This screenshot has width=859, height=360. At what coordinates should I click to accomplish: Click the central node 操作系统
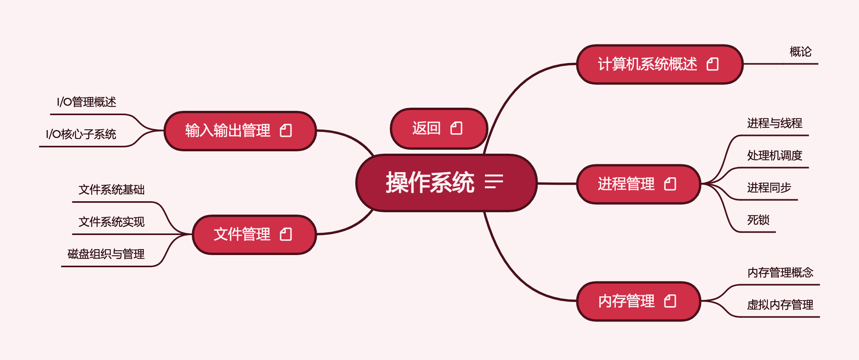point(430,183)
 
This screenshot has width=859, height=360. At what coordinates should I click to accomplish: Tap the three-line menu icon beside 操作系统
point(494,182)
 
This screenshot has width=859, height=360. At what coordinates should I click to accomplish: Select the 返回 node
point(426,129)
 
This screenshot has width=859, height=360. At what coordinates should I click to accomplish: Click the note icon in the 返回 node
point(456,128)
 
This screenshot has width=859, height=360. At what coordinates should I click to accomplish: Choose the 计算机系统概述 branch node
point(648,64)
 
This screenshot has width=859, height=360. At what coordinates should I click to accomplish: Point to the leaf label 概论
point(800,52)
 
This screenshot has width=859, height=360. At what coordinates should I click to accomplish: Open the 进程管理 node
point(626,184)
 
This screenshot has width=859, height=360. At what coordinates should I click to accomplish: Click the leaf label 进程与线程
point(775,123)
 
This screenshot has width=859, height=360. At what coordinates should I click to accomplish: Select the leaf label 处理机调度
point(775,156)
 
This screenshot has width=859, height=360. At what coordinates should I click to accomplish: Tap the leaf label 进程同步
point(769,188)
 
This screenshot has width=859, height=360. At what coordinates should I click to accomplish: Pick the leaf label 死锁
point(758,220)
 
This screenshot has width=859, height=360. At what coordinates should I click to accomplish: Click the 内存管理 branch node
point(626,301)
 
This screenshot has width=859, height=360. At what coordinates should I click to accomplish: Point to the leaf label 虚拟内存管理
point(780,305)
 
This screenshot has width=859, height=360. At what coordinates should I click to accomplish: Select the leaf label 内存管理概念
point(780,273)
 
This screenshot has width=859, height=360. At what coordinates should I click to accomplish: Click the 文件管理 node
point(242,235)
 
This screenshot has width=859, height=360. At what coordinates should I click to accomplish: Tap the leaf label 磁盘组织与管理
point(106,254)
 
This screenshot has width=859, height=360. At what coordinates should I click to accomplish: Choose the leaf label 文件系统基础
point(112,190)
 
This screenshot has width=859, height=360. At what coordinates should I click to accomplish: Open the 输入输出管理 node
point(228,130)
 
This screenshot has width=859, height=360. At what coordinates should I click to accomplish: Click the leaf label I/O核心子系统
point(81,134)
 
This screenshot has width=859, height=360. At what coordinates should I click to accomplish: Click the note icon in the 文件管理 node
point(286,235)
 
